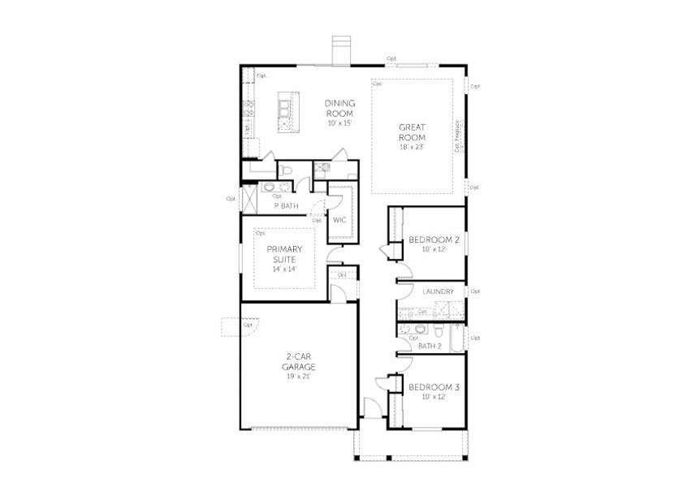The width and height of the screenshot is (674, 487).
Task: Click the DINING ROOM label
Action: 339,108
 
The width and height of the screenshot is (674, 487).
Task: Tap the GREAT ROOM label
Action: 413,132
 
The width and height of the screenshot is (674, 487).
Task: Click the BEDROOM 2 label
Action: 434,240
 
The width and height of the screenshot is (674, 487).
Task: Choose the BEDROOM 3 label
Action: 434,387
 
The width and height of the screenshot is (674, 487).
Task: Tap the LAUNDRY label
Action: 438,291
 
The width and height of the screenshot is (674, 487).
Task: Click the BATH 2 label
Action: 429,346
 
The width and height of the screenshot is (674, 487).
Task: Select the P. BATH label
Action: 286,206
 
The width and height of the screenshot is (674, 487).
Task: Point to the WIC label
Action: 339,219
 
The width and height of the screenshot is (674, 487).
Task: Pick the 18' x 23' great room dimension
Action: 413,148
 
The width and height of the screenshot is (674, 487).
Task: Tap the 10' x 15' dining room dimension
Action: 339,123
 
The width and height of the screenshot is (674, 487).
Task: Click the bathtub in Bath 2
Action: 457,338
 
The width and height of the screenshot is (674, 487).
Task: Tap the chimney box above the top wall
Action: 340,50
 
